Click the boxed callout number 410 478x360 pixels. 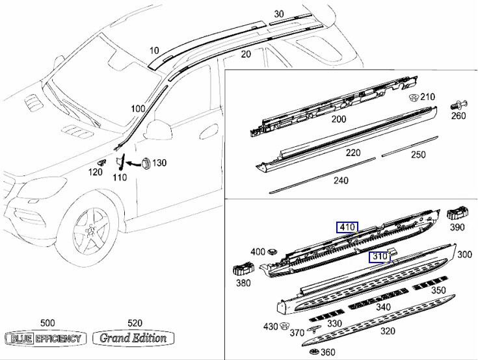click(347, 227)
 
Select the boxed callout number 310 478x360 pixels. click(380, 257)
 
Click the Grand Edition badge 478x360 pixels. click(133, 338)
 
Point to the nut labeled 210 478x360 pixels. click(412, 99)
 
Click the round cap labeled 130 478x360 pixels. click(144, 162)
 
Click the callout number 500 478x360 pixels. click(47, 323)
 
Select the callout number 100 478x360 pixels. click(138, 109)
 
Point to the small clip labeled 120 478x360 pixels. click(101, 161)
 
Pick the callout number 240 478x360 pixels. click(341, 181)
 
